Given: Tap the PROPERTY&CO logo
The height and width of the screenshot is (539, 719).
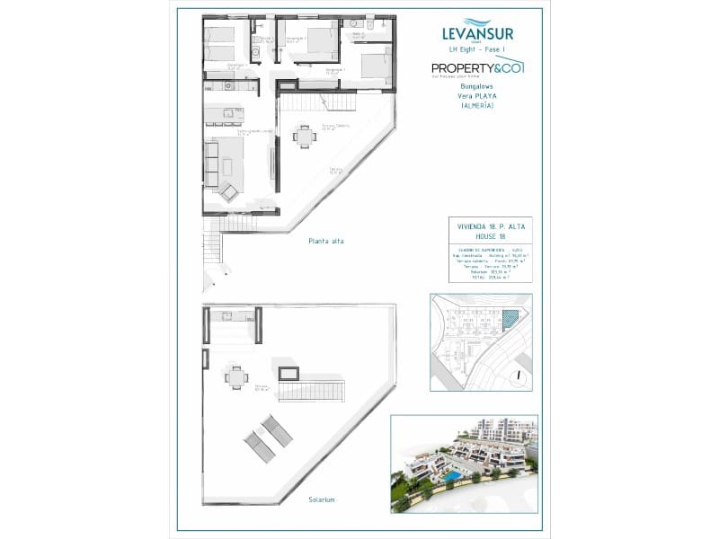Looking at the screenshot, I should coord(476,68).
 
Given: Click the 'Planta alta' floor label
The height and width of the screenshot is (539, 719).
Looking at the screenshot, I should coord(325,241).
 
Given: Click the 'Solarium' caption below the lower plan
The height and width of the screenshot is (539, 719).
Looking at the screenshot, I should coord(321,499).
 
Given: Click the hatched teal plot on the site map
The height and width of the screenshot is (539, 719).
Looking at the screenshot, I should coord(510,317).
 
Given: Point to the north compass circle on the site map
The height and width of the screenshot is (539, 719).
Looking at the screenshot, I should coord(517,376).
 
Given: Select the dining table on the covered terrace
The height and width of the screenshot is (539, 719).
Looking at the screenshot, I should coord(305,137).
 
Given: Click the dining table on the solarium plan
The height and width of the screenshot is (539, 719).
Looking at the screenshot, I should coord(236,378).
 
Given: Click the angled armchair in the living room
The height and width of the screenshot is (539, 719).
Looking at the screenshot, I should coord(229,190).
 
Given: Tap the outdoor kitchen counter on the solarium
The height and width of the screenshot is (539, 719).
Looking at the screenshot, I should coord(232,318).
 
